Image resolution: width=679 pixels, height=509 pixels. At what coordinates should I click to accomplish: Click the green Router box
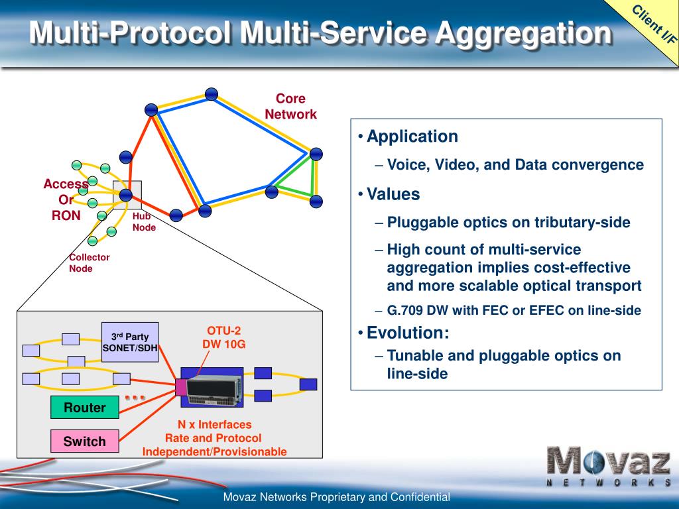click(x=85, y=408)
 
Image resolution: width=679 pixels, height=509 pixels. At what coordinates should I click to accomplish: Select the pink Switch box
click(x=85, y=441)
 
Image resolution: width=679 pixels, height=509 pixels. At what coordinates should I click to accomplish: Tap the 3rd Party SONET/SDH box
click(x=130, y=342)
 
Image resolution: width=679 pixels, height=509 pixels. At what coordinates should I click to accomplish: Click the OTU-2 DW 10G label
click(x=224, y=337)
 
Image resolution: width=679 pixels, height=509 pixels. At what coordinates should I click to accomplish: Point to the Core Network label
click(x=290, y=107)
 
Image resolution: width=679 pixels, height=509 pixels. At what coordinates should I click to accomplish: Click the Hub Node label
click(x=144, y=222)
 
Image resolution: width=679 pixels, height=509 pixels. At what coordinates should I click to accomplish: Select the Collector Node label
click(x=90, y=263)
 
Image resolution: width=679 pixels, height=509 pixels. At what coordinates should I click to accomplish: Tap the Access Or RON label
click(x=66, y=199)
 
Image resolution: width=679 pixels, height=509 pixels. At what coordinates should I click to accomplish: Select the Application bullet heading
click(x=412, y=137)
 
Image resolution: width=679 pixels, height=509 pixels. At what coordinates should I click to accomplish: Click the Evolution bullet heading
click(x=408, y=333)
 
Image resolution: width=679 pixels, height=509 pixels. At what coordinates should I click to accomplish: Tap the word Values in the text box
click(x=393, y=194)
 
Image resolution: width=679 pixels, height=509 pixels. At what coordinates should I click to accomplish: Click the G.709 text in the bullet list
click(x=403, y=310)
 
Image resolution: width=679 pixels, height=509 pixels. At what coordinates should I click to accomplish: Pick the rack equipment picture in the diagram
click(x=214, y=388)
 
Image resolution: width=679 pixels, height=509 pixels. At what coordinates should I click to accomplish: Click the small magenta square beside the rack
click(x=181, y=387)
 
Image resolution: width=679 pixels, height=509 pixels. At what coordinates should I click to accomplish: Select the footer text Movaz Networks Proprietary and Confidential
click(x=337, y=497)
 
